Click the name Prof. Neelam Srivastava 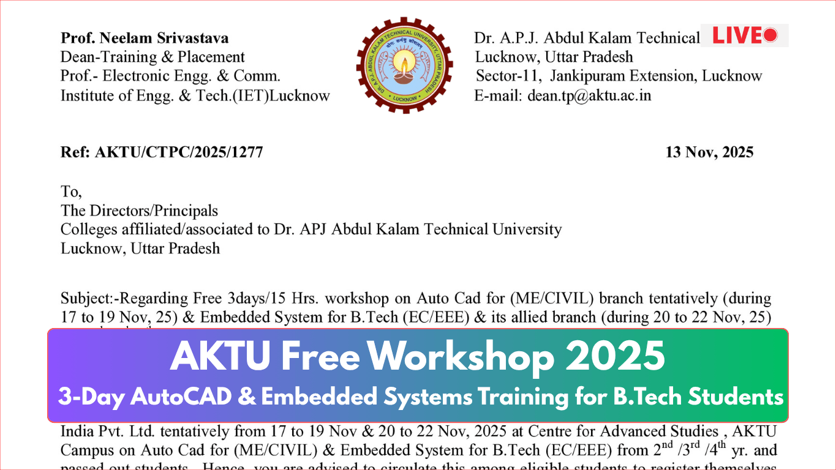pos(145,38)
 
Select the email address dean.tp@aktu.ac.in pos(589,95)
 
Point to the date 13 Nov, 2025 pos(709,152)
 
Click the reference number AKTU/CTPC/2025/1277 pos(179,152)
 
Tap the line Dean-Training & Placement pos(153,57)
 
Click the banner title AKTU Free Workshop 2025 pos(418,356)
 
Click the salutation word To pos(70,192)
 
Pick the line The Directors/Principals pos(139,211)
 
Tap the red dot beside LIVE pos(770,35)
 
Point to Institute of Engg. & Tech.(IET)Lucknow pos(195,95)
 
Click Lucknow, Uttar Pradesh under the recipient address pos(140,248)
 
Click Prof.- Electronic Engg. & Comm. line pos(170,76)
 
